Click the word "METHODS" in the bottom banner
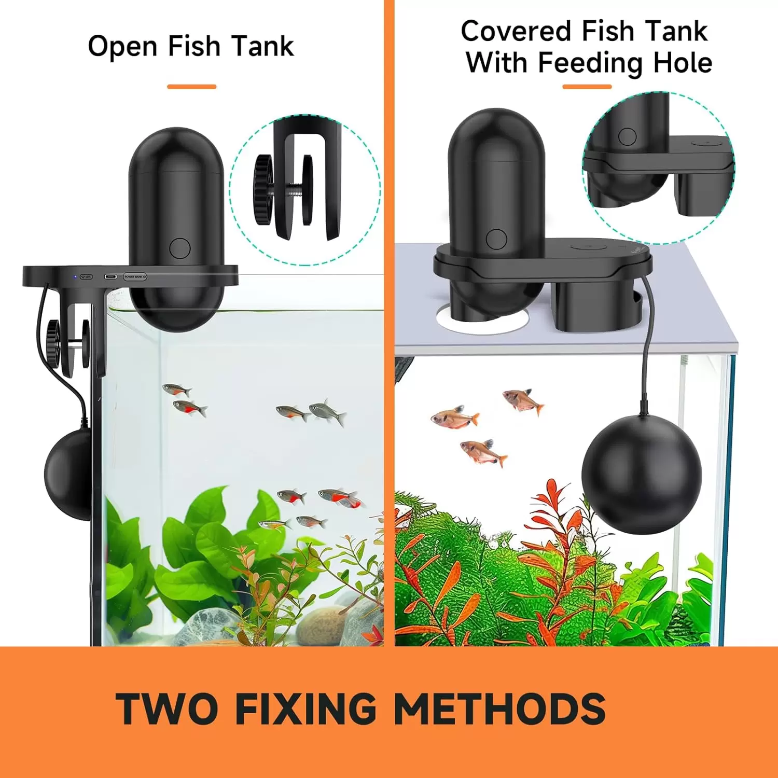(x=499, y=708)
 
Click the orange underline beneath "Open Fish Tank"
(x=191, y=87)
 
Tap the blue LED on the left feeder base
(x=75, y=277)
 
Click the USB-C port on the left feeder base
(x=110, y=277)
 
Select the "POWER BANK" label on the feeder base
(x=135, y=277)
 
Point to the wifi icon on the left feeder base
(x=86, y=277)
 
